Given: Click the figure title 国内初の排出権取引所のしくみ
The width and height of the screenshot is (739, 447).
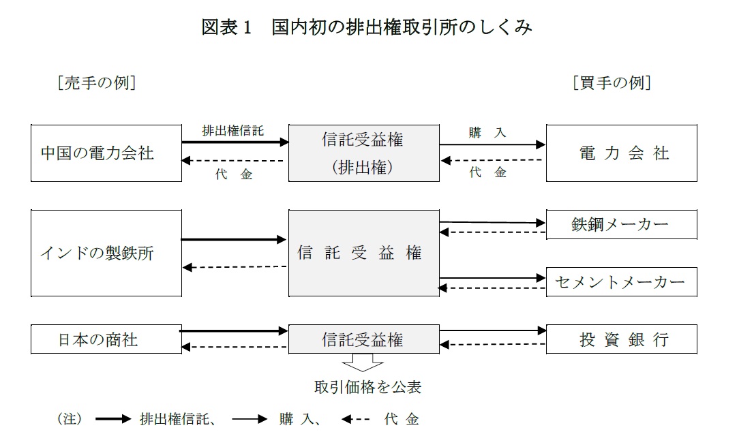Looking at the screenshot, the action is coord(402,27).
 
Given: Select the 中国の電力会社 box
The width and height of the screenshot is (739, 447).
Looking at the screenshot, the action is coord(106,153).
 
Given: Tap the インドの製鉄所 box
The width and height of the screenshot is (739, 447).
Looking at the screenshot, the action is coord(106,253).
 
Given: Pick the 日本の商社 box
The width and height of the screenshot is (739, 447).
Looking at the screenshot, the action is coord(106,339).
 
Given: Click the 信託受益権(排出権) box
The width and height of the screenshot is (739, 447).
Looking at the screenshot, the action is coord(364,153).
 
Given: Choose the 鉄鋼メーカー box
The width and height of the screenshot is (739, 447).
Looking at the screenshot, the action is coord(622,225).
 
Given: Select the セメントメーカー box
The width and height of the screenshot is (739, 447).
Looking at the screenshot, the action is coord(622,282).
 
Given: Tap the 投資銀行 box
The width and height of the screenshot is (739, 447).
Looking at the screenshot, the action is coord(622,339).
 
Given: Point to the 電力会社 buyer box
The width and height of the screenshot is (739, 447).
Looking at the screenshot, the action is coord(622,153).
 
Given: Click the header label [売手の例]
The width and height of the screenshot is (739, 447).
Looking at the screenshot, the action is coord(97,83).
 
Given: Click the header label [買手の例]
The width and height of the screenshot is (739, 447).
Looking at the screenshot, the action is coord(612,83).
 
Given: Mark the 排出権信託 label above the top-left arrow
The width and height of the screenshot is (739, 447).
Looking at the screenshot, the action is coord(233,130).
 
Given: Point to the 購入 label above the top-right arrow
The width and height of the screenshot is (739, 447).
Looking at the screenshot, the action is coord(487,132).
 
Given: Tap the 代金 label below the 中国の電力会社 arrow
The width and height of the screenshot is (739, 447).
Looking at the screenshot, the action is coord(234,174).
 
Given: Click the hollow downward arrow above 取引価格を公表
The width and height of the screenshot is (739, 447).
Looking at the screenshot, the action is coord(363,363).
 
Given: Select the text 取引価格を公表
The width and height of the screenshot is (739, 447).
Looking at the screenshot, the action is coord(367,387).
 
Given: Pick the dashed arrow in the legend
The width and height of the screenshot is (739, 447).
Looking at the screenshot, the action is coord(355,419).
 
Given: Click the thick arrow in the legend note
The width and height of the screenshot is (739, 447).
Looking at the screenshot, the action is coord(113,419).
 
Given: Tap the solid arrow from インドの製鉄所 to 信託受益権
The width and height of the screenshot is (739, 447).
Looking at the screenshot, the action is coord(234,240).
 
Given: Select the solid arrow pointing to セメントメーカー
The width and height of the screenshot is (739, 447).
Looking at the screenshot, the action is coord(493,278).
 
